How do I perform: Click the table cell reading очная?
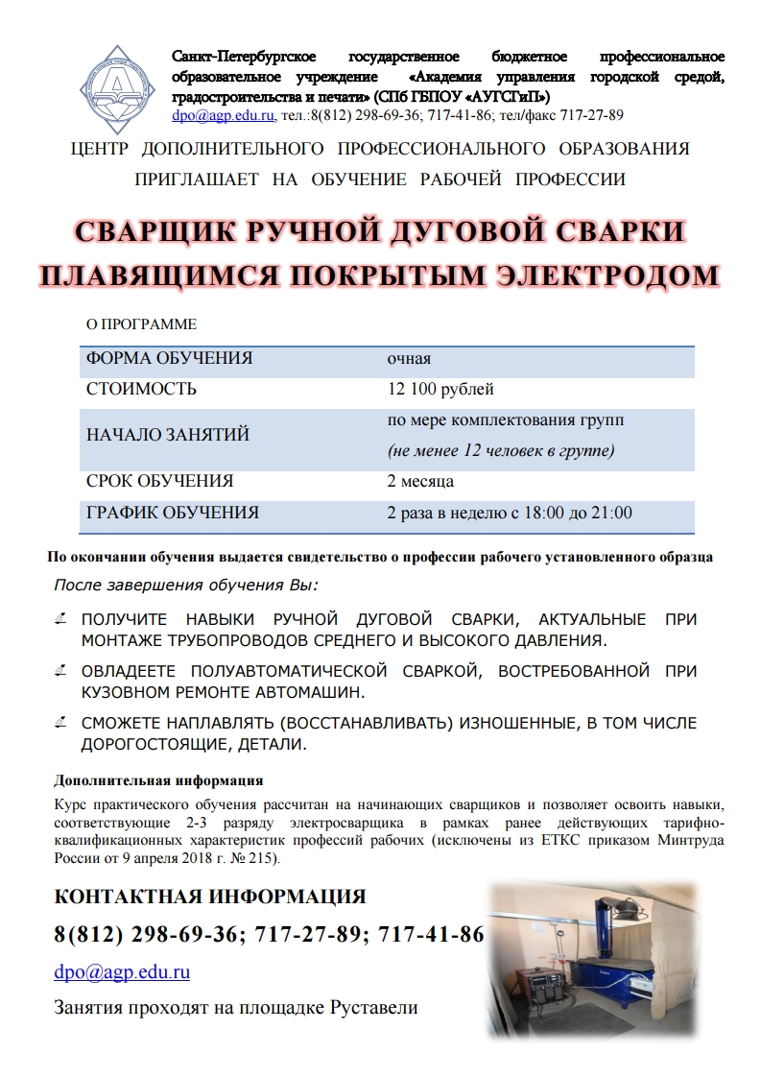409,359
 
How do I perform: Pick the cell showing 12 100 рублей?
440,389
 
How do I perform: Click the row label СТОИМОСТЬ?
141,389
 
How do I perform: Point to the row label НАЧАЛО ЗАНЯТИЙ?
168,435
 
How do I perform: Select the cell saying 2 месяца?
420,481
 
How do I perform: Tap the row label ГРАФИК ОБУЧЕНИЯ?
173,513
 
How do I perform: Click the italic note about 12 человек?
500,450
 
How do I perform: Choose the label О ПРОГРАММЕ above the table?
141,325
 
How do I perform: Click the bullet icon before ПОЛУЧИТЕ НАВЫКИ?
61,620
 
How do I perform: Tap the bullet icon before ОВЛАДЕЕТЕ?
61,672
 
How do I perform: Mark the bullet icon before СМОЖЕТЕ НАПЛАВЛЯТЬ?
61,724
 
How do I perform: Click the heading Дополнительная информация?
158,779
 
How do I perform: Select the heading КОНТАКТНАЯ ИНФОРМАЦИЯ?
210,897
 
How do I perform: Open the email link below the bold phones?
122,972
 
